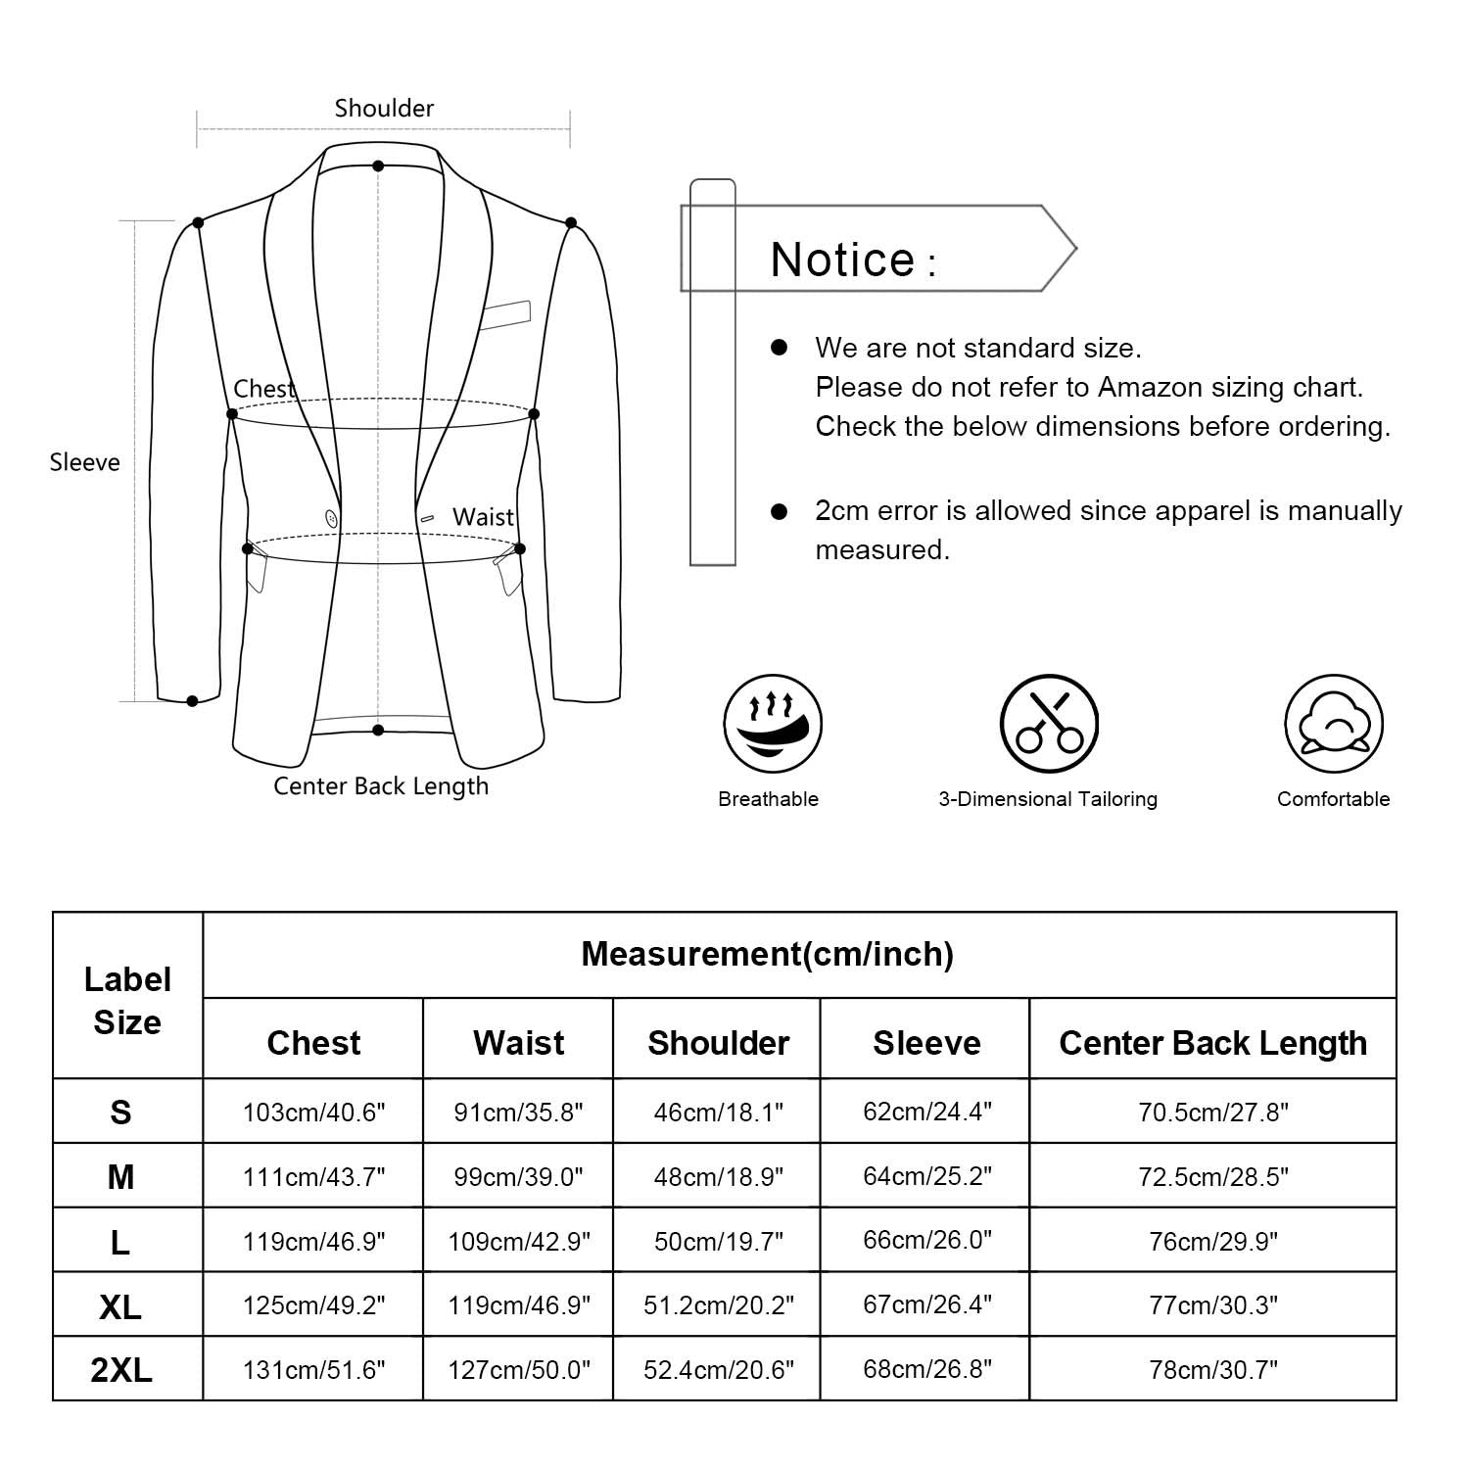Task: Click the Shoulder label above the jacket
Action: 384,108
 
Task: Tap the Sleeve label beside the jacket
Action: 85,462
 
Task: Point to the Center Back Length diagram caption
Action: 381,786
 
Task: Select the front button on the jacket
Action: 332,519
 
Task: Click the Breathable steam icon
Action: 772,724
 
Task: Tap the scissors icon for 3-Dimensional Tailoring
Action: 1049,724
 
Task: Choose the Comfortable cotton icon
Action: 1333,724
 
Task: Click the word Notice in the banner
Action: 843,261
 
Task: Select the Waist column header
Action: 519,1043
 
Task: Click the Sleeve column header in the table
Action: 926,1043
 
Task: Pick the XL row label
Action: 120,1306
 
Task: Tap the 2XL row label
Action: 121,1370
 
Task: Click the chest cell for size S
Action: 314,1113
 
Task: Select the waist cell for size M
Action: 519,1176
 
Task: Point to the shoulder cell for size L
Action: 719,1242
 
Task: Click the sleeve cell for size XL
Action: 926,1304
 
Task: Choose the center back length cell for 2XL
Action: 1213,1369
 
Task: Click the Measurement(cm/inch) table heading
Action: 768,954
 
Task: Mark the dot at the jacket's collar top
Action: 378,166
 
